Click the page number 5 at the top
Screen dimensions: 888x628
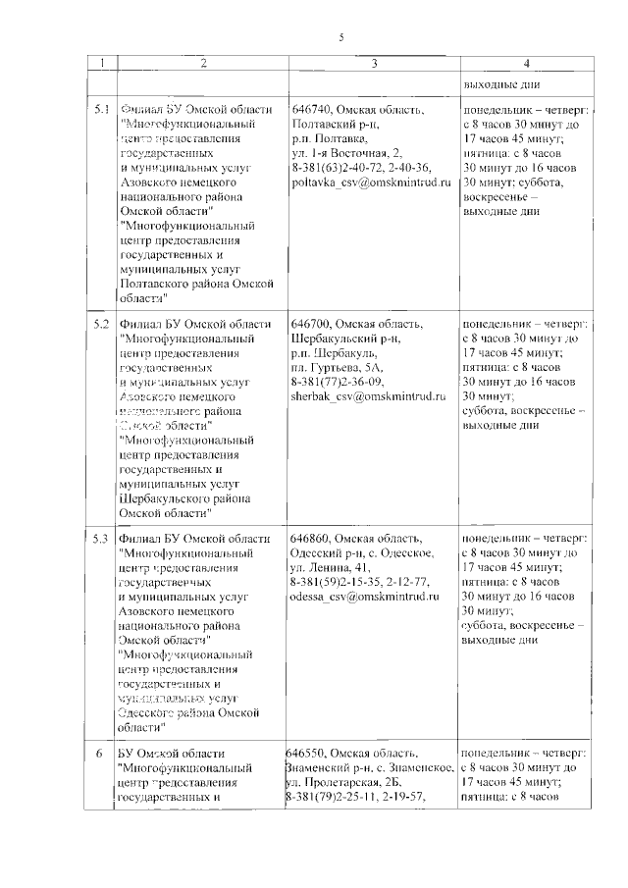(340, 37)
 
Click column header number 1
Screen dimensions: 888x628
(99, 64)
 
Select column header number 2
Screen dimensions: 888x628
(202, 64)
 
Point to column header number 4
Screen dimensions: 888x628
(527, 64)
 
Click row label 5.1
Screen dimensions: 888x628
(100, 110)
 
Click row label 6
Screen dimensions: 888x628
(99, 753)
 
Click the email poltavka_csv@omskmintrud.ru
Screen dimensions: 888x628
(370, 183)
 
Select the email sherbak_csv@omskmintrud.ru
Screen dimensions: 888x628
(368, 396)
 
